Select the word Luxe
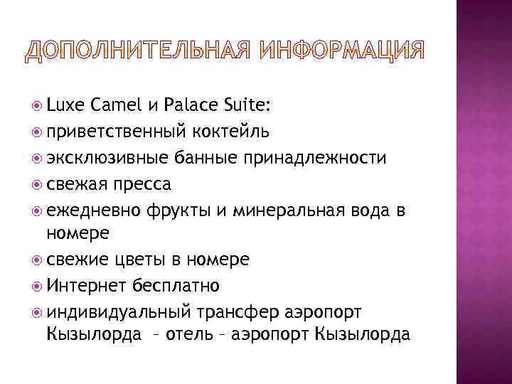pyautogui.click(x=65, y=106)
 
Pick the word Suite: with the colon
pyautogui.click(x=242, y=106)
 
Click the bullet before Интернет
pyautogui.click(x=36, y=286)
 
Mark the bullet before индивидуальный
pyautogui.click(x=36, y=312)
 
